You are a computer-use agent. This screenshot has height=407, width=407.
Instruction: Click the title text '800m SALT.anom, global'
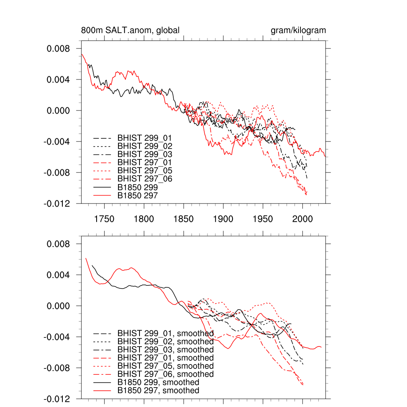(x=130, y=31)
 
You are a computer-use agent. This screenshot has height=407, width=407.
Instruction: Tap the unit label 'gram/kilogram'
(x=298, y=31)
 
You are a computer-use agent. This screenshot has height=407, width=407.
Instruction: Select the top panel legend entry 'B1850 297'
(x=138, y=195)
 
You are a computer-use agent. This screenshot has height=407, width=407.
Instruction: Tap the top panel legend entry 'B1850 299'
(x=138, y=187)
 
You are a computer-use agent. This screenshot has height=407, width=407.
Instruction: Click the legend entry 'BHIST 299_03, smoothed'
(x=165, y=350)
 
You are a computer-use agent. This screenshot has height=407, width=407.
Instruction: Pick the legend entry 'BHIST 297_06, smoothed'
(x=165, y=374)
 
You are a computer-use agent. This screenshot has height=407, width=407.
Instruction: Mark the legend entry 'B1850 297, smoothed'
(x=158, y=391)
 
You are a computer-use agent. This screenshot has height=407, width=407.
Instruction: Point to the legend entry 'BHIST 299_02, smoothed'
(x=165, y=342)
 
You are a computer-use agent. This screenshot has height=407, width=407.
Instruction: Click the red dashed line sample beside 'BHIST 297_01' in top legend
(x=102, y=163)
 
